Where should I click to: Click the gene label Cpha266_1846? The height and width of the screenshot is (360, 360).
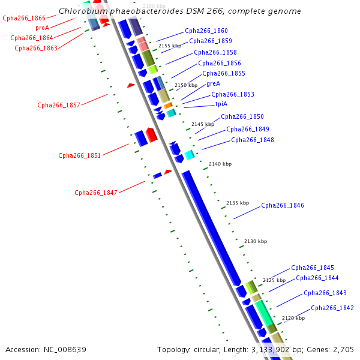pyautogui.click(x=282, y=206)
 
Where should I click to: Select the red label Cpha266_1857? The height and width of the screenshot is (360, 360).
pyautogui.click(x=58, y=106)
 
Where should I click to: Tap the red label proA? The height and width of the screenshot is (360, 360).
pyautogui.click(x=42, y=28)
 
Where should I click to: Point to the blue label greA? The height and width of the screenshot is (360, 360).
pyautogui.click(x=213, y=84)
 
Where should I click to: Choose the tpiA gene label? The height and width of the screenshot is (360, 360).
pyautogui.click(x=221, y=104)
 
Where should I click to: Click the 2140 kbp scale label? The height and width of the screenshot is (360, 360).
pyautogui.click(x=220, y=164)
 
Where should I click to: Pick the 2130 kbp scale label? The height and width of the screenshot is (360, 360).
pyautogui.click(x=255, y=241)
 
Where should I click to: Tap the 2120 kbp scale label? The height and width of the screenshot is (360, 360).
pyautogui.click(x=293, y=318)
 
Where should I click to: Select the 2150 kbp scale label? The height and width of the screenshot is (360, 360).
pyautogui.click(x=185, y=86)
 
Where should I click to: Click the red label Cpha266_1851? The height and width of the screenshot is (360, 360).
pyautogui.click(x=79, y=156)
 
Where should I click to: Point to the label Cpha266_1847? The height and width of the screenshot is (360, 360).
pyautogui.click(x=95, y=193)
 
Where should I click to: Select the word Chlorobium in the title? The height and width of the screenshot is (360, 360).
pyautogui.click(x=81, y=11)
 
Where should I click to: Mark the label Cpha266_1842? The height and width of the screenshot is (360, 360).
pyautogui.click(x=332, y=308)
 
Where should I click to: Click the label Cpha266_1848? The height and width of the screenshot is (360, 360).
pyautogui.click(x=252, y=140)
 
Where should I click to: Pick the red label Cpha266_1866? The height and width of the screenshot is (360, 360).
pyautogui.click(x=24, y=19)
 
